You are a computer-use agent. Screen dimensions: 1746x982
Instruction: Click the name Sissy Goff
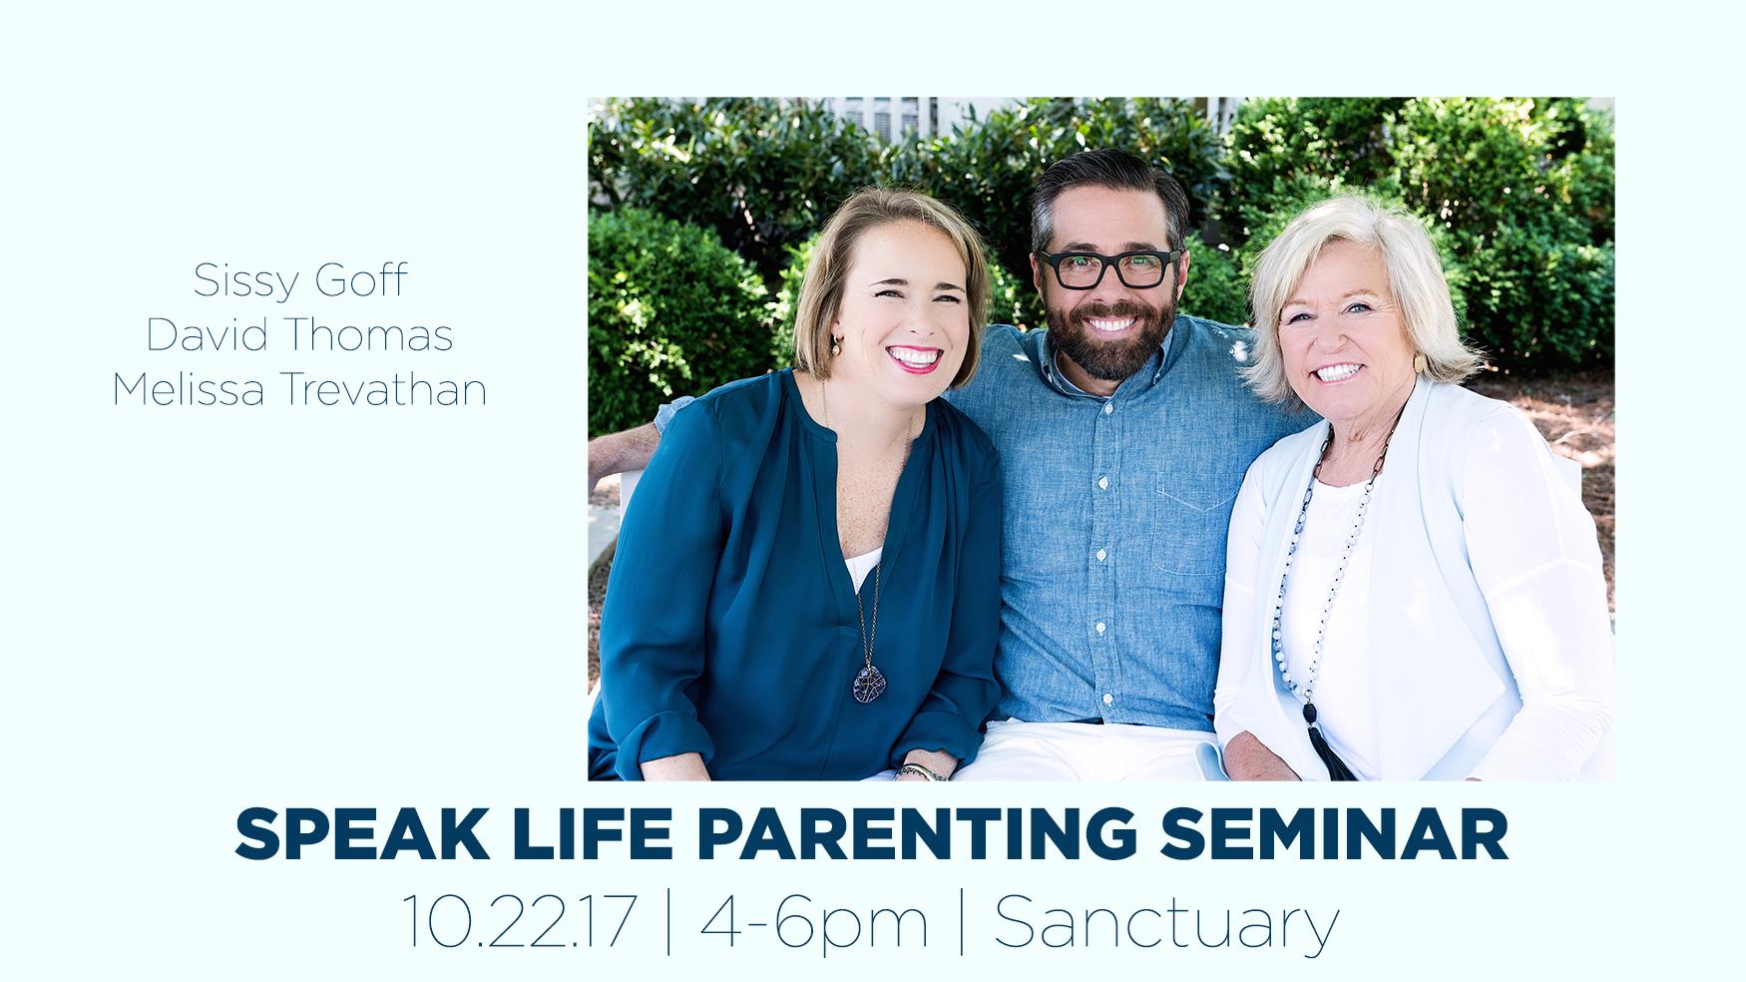click(300, 280)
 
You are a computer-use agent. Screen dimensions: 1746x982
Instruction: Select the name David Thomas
click(300, 335)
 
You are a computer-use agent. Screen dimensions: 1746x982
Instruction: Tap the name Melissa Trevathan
click(300, 389)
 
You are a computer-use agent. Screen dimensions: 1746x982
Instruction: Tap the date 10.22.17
click(519, 923)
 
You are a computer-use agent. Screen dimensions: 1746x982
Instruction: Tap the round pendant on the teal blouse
click(868, 681)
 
